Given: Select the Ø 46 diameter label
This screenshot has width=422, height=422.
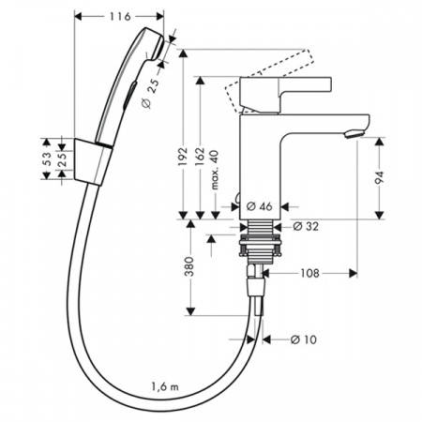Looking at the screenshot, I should [x=262, y=205].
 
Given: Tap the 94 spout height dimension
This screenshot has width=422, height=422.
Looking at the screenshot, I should [x=382, y=177].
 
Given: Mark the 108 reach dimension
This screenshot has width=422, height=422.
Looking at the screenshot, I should [x=309, y=275].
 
